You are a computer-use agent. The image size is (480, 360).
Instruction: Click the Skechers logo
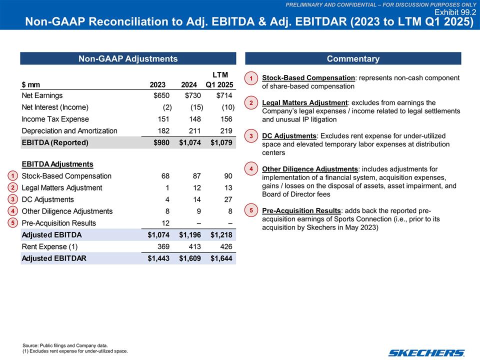point(427,352)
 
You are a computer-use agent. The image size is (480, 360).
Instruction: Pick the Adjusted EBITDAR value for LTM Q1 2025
point(221,258)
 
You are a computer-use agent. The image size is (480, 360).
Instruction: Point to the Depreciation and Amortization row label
point(69,131)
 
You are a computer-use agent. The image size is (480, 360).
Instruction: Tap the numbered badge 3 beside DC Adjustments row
point(13,199)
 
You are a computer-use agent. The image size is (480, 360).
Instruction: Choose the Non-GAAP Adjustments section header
point(128,59)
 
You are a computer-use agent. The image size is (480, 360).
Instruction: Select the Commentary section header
point(352,59)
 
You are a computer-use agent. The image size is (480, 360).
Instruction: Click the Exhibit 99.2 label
point(455,12)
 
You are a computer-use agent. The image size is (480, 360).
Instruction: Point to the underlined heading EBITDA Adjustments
point(57,164)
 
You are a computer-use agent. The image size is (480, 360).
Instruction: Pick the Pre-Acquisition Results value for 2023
point(165,223)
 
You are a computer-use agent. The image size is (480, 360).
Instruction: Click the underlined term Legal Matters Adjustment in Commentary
point(304,103)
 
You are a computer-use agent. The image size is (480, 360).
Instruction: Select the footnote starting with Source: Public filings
point(65,345)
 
